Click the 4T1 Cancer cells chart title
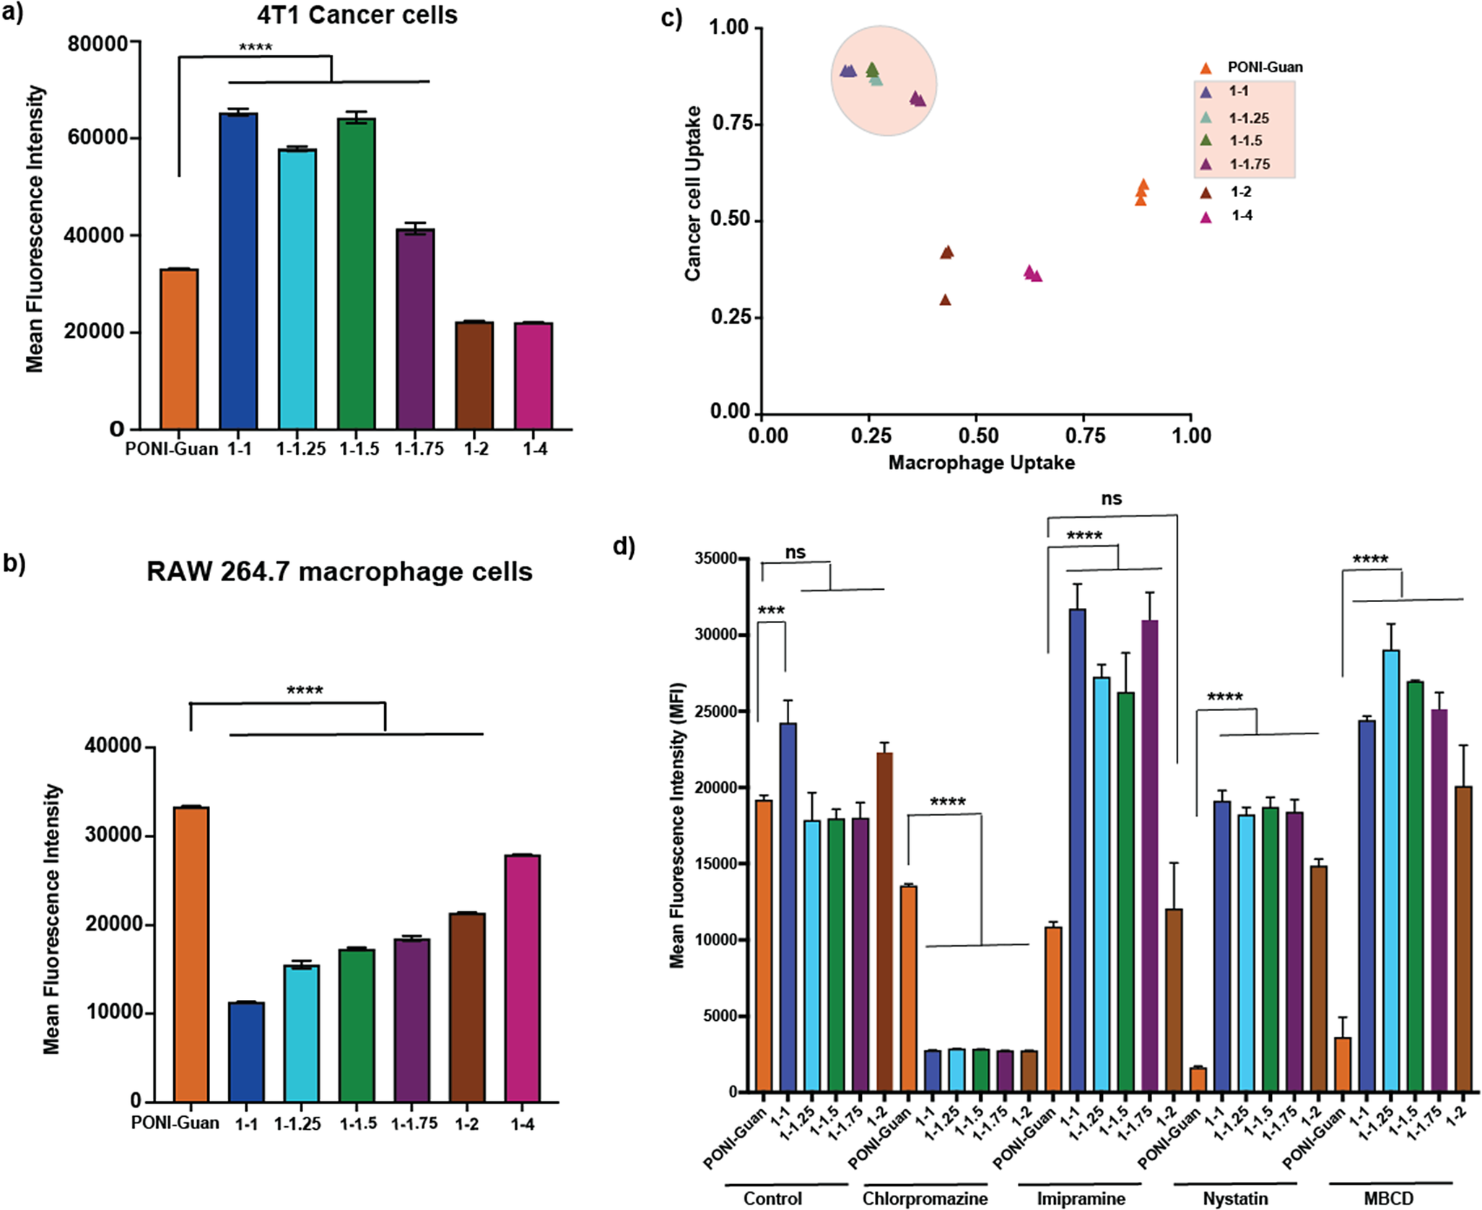(x=357, y=15)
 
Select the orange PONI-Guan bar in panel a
(x=179, y=349)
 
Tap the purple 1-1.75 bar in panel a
(x=415, y=329)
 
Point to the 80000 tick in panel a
(x=97, y=44)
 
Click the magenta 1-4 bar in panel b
(x=523, y=978)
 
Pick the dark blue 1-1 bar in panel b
(x=246, y=1051)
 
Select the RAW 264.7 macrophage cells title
(x=339, y=572)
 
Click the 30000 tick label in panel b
(x=114, y=835)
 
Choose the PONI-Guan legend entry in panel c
(x=1252, y=68)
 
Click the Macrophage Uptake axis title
(x=981, y=463)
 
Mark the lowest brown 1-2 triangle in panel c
(x=945, y=300)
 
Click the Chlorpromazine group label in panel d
(x=925, y=1198)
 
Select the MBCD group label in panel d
(x=1389, y=1198)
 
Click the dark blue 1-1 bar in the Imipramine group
(x=1077, y=850)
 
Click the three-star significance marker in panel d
(x=771, y=611)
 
